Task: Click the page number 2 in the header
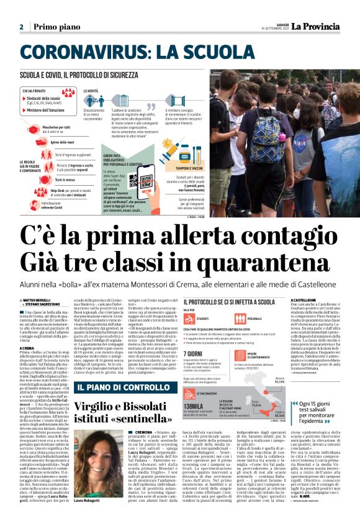(20, 27)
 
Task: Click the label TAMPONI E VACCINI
(189, 168)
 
